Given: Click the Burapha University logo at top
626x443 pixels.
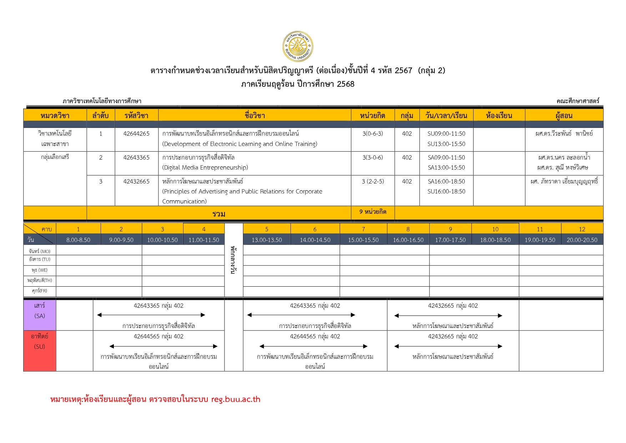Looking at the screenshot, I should tap(298, 46).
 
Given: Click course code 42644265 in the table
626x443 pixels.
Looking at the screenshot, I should tap(136, 134).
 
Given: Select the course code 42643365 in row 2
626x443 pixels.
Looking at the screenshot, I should tap(136, 157).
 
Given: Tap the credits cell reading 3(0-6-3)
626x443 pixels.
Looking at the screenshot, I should tap(373, 134).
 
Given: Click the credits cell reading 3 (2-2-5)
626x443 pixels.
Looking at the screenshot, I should tap(373, 181).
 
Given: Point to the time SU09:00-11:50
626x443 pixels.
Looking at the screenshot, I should tap(446, 134).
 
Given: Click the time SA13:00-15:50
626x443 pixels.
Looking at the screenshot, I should tap(446, 167).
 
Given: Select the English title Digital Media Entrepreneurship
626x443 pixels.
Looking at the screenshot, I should tap(205, 167).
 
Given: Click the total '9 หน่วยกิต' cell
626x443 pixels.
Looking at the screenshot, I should tap(373, 212).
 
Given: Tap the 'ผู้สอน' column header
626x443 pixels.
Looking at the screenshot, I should tap(564, 116).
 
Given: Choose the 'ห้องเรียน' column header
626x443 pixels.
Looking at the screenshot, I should tap(499, 116).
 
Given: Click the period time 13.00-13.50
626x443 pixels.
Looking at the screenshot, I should tap(267, 240).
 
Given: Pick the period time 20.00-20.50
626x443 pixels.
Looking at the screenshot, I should tap(582, 240).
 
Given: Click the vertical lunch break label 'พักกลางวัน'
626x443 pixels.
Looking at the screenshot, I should tap(233, 260).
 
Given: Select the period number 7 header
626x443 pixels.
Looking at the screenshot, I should tap(363, 229).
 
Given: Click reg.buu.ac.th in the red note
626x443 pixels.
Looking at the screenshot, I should tap(236, 399).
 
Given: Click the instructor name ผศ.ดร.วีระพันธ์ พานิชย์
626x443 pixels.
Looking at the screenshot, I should tap(564, 134).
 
